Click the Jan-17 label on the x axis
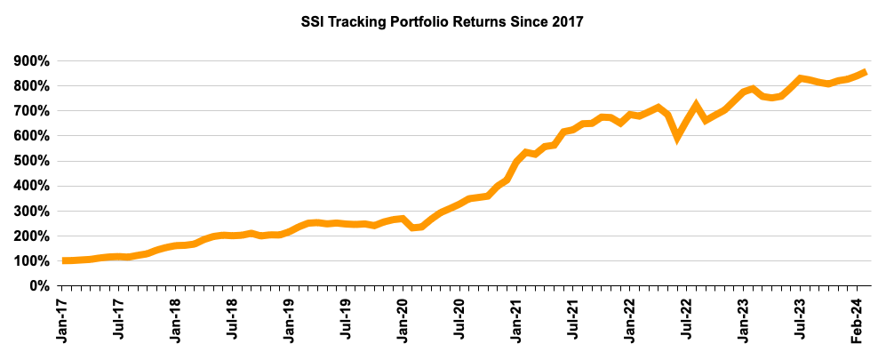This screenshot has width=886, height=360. click(x=62, y=319)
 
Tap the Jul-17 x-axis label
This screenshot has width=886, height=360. click(x=119, y=319)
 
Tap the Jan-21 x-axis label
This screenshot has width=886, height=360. click(x=517, y=319)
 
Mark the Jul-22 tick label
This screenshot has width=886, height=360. click(x=688, y=319)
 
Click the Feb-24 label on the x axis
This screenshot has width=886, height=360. click(x=858, y=319)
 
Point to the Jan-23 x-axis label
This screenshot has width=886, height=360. click(x=745, y=319)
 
